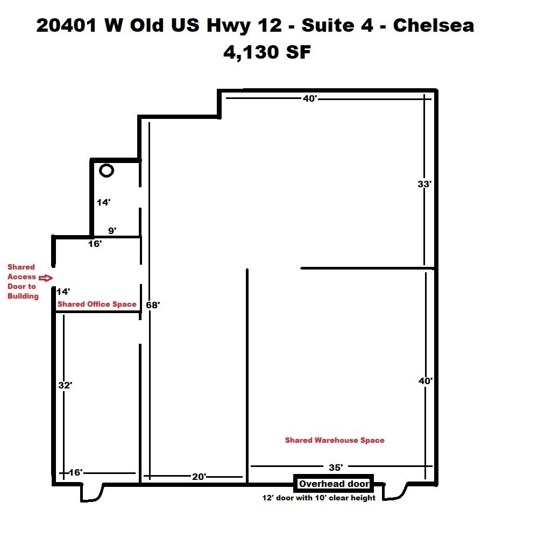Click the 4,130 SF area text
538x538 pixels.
(267, 53)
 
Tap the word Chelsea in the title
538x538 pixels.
(433, 25)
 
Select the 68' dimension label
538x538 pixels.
(153, 305)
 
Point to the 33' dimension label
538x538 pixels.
(424, 184)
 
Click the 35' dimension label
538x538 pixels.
(336, 468)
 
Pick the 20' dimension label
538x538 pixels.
(199, 477)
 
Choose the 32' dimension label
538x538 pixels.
(65, 385)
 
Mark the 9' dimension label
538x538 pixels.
(112, 231)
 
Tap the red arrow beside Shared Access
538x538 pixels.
(46, 278)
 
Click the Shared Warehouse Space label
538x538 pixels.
(335, 440)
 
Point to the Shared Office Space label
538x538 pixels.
(97, 304)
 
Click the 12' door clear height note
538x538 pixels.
(318, 498)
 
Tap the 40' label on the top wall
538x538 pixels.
(310, 99)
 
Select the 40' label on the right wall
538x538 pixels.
(426, 381)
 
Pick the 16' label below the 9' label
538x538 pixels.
(95, 244)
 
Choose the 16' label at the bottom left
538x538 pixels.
(75, 472)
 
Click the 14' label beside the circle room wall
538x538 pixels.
(104, 202)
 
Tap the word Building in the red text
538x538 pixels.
(23, 296)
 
